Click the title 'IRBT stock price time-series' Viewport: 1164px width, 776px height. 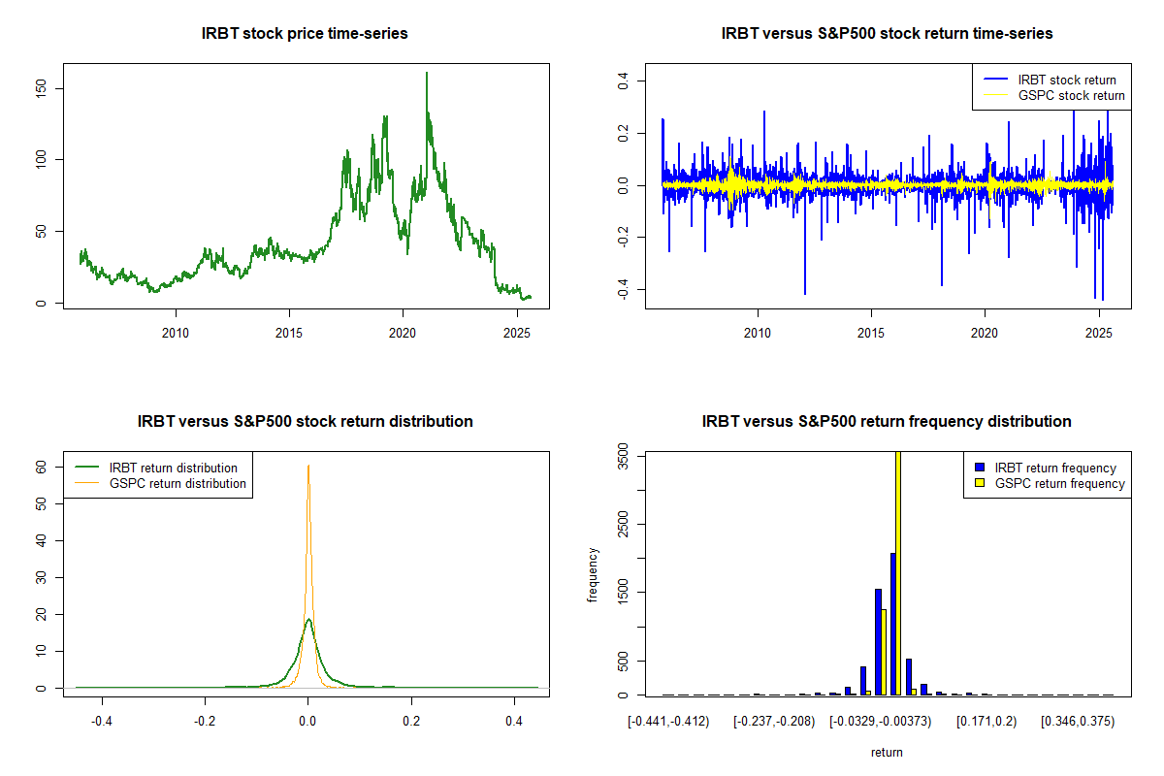[305, 33]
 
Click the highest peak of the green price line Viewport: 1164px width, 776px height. [426, 73]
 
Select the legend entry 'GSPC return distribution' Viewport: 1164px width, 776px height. [178, 483]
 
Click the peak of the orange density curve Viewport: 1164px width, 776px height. [308, 466]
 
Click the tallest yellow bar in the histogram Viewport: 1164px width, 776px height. [898, 572]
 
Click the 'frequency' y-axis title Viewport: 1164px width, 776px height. [593, 575]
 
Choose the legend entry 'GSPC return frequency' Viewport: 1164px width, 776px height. [1059, 483]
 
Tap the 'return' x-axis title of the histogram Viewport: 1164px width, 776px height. [887, 752]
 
